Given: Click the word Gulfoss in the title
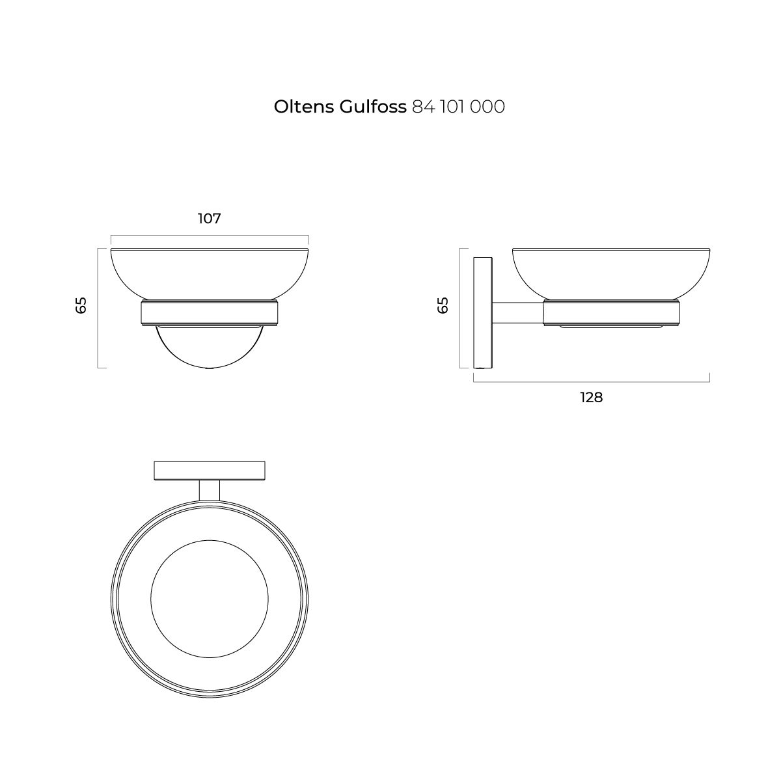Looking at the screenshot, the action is click(x=373, y=107).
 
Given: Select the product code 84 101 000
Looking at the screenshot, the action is click(x=458, y=107).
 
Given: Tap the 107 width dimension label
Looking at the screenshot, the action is click(x=210, y=219).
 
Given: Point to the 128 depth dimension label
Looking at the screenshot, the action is click(x=592, y=398).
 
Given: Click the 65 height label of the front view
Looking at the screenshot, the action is click(x=81, y=305).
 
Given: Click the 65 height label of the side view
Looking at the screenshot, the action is click(x=443, y=305).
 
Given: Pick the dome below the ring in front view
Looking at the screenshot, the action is click(x=210, y=348).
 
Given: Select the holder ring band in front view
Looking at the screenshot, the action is click(x=210, y=313).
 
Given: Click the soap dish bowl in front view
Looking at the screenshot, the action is click(x=210, y=274).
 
